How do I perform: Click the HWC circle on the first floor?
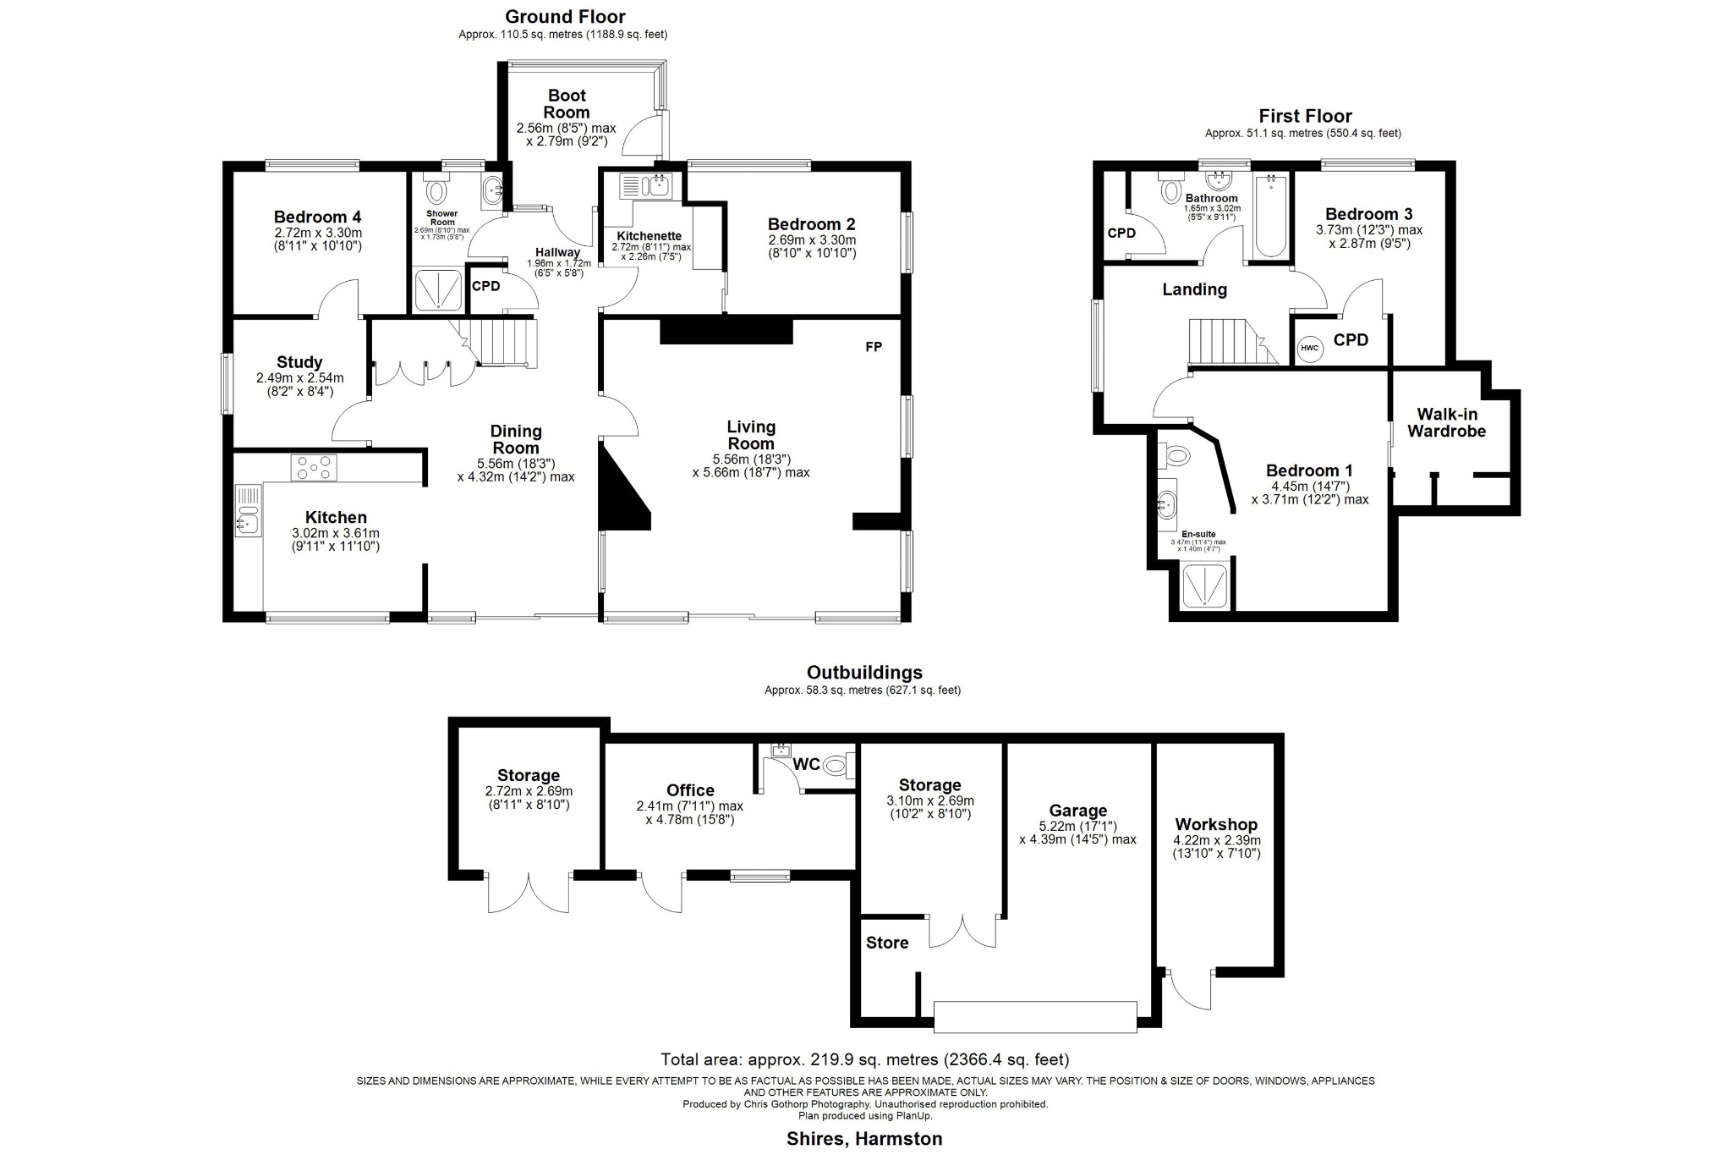(x=1309, y=348)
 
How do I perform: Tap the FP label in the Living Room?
(x=874, y=347)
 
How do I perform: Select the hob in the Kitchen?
(x=314, y=467)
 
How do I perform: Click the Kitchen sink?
(x=249, y=511)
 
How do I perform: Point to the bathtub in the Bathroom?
(x=1269, y=216)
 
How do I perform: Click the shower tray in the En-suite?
(x=1203, y=586)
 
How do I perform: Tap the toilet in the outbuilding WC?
(x=837, y=766)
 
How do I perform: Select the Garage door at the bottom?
(x=1035, y=1016)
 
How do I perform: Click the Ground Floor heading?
(x=565, y=17)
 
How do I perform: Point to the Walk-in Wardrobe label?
(x=1446, y=422)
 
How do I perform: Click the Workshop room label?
(x=1216, y=824)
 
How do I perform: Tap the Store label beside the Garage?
(x=887, y=943)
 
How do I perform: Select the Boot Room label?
(x=566, y=104)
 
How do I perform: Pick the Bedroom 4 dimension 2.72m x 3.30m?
(x=317, y=233)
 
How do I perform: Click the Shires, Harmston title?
(x=863, y=1139)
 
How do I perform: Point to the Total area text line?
(x=864, y=1059)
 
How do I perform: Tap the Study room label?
(x=299, y=362)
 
